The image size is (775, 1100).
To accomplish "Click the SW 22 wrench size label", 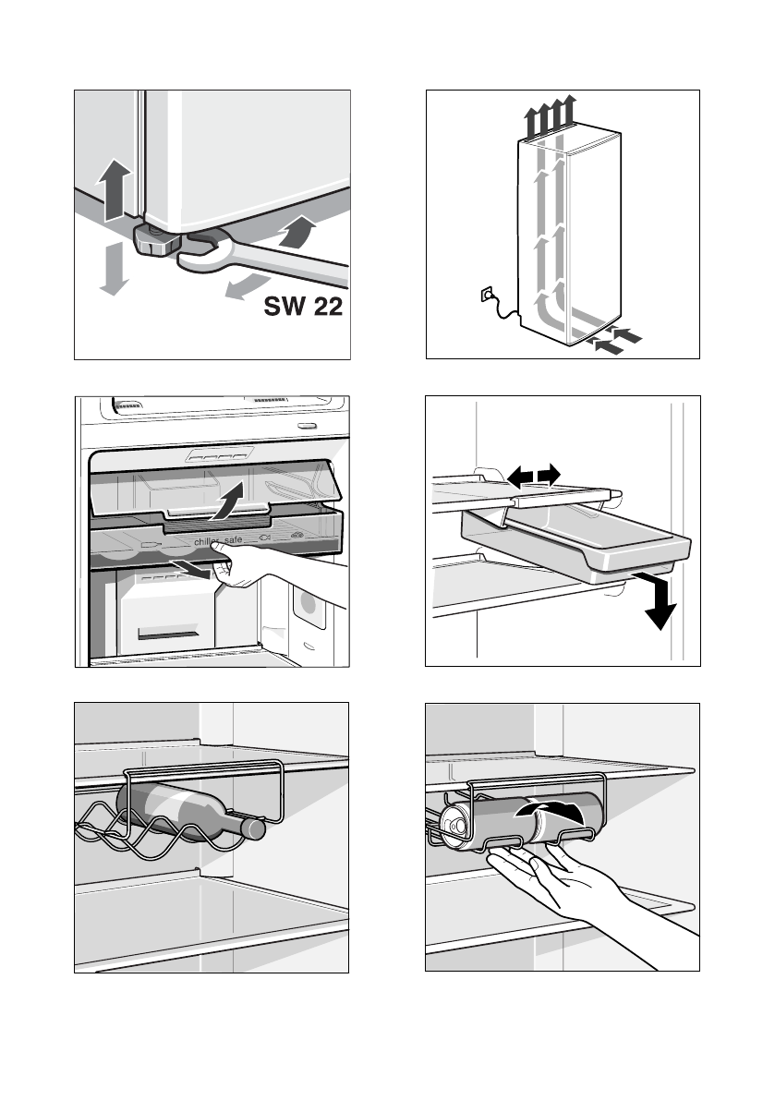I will pos(304,306).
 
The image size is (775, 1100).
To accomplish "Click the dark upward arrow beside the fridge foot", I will pos(112,189).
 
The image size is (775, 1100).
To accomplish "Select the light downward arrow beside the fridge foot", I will pos(112,269).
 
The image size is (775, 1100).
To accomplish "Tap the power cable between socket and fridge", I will pos(503,312).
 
